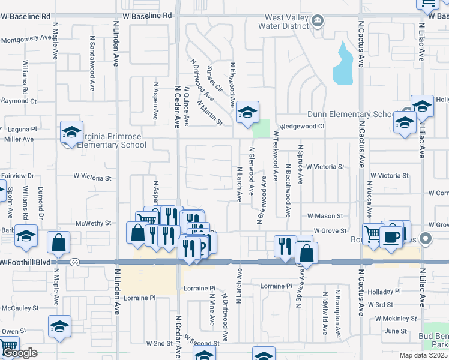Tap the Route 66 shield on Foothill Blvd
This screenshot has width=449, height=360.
pos(74,262)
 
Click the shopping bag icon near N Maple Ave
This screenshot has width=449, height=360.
pos(59,242)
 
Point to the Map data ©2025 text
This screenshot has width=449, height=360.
pos(423,355)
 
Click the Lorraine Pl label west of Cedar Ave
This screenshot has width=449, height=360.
pos(139,297)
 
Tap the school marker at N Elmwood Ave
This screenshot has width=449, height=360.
pos(247,112)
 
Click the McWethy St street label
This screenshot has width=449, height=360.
pos(94,223)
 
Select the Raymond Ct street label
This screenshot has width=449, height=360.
pos(19,101)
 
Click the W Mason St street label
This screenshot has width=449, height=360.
pos(324,215)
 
